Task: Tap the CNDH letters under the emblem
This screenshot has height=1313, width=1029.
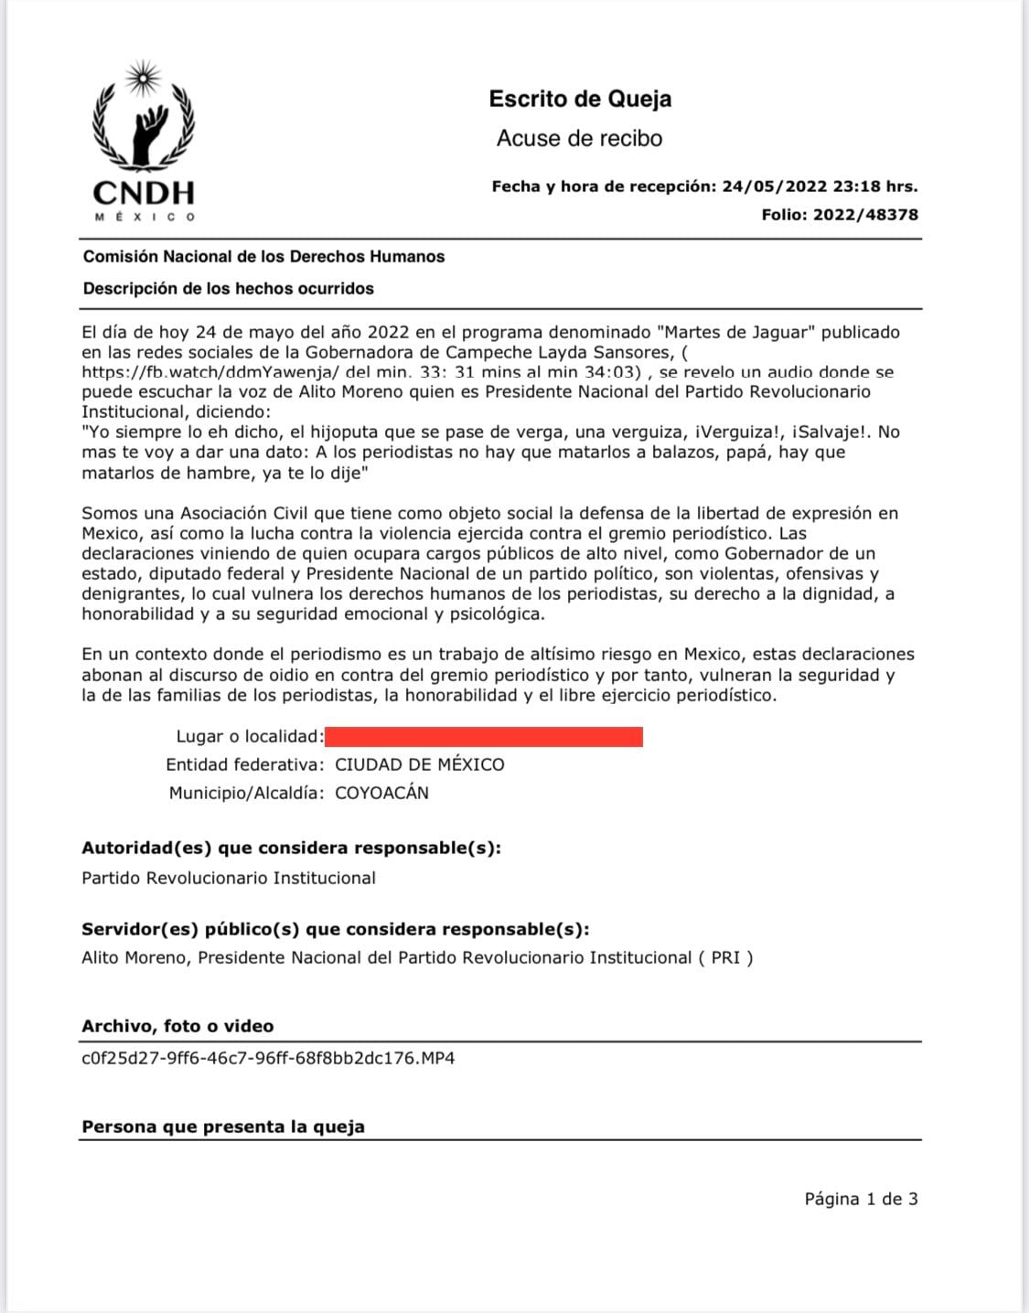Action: [144, 193]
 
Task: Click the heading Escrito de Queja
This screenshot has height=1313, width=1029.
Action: [580, 99]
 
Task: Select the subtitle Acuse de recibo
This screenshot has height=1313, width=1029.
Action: [579, 139]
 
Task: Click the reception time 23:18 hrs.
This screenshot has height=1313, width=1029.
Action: [874, 187]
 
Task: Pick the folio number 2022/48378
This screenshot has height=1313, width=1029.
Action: [866, 215]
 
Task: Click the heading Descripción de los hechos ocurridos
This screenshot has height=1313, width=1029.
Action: [228, 289]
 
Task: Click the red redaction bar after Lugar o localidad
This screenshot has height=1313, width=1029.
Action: [484, 736]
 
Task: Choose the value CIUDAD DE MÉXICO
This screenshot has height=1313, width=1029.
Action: [420, 764]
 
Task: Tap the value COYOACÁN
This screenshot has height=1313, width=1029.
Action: [381, 793]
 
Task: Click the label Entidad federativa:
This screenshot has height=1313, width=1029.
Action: [244, 764]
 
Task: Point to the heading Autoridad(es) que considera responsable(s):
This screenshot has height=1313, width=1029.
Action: [291, 848]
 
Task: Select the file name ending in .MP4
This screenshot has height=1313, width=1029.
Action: [268, 1058]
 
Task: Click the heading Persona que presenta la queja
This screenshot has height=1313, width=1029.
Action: [223, 1126]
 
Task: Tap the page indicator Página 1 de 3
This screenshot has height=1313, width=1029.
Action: [861, 1199]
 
